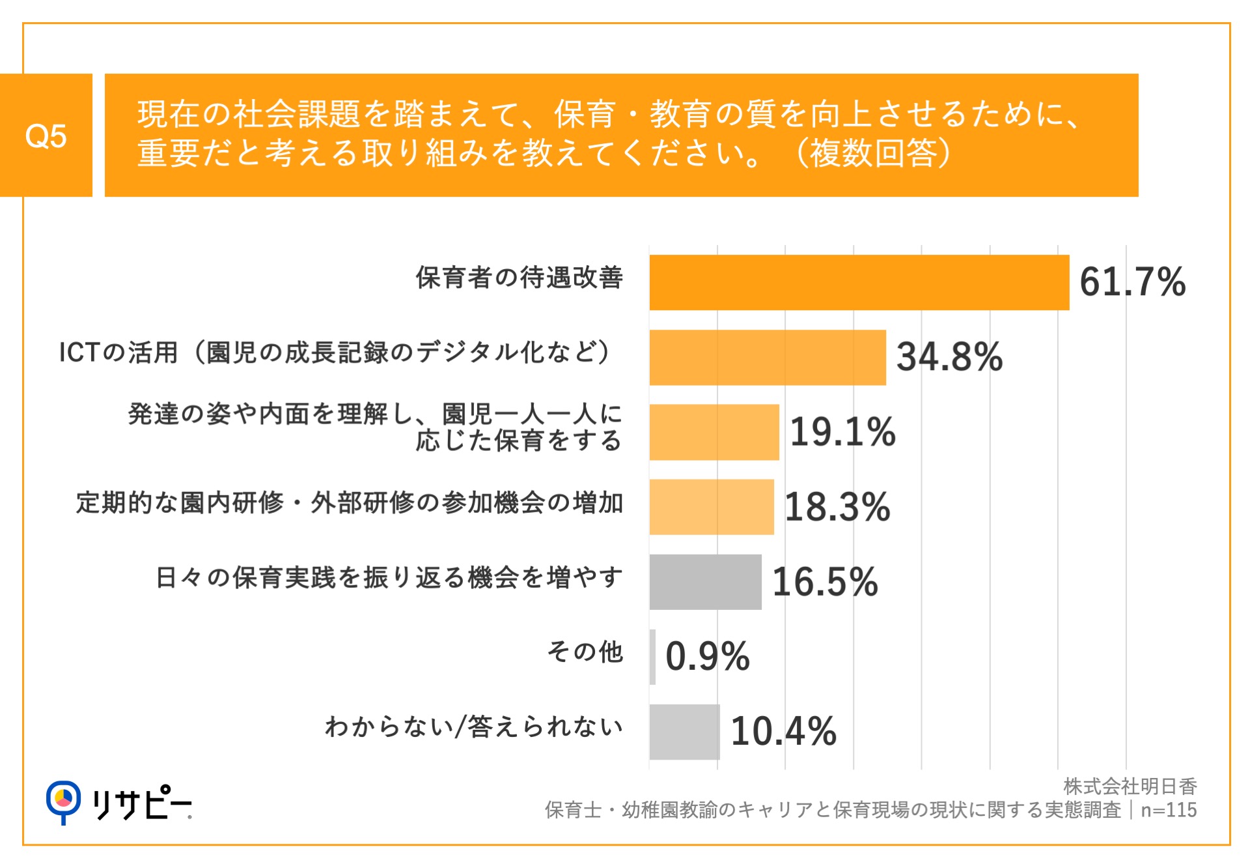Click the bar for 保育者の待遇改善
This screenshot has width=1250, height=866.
click(x=859, y=282)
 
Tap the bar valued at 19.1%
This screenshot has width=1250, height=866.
click(x=714, y=432)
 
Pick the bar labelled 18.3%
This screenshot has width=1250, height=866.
click(x=711, y=507)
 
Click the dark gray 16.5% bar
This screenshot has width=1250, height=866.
click(x=705, y=582)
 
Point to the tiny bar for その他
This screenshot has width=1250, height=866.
click(x=652, y=657)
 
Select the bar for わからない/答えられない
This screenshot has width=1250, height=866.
click(x=684, y=732)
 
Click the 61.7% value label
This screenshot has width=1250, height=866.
click(x=1132, y=282)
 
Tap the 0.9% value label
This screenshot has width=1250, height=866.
click(x=707, y=656)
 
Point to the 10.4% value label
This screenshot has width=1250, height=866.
click(x=783, y=731)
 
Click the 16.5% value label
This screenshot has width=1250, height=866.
click(x=825, y=582)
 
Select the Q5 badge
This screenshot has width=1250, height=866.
click(x=46, y=136)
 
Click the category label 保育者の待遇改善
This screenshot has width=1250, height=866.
click(x=519, y=278)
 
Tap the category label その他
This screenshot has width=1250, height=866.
click(x=585, y=652)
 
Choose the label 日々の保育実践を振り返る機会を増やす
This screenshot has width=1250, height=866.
click(x=389, y=577)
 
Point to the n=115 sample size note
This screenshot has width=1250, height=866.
click(x=1169, y=810)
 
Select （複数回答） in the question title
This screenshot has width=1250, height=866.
click(x=873, y=154)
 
